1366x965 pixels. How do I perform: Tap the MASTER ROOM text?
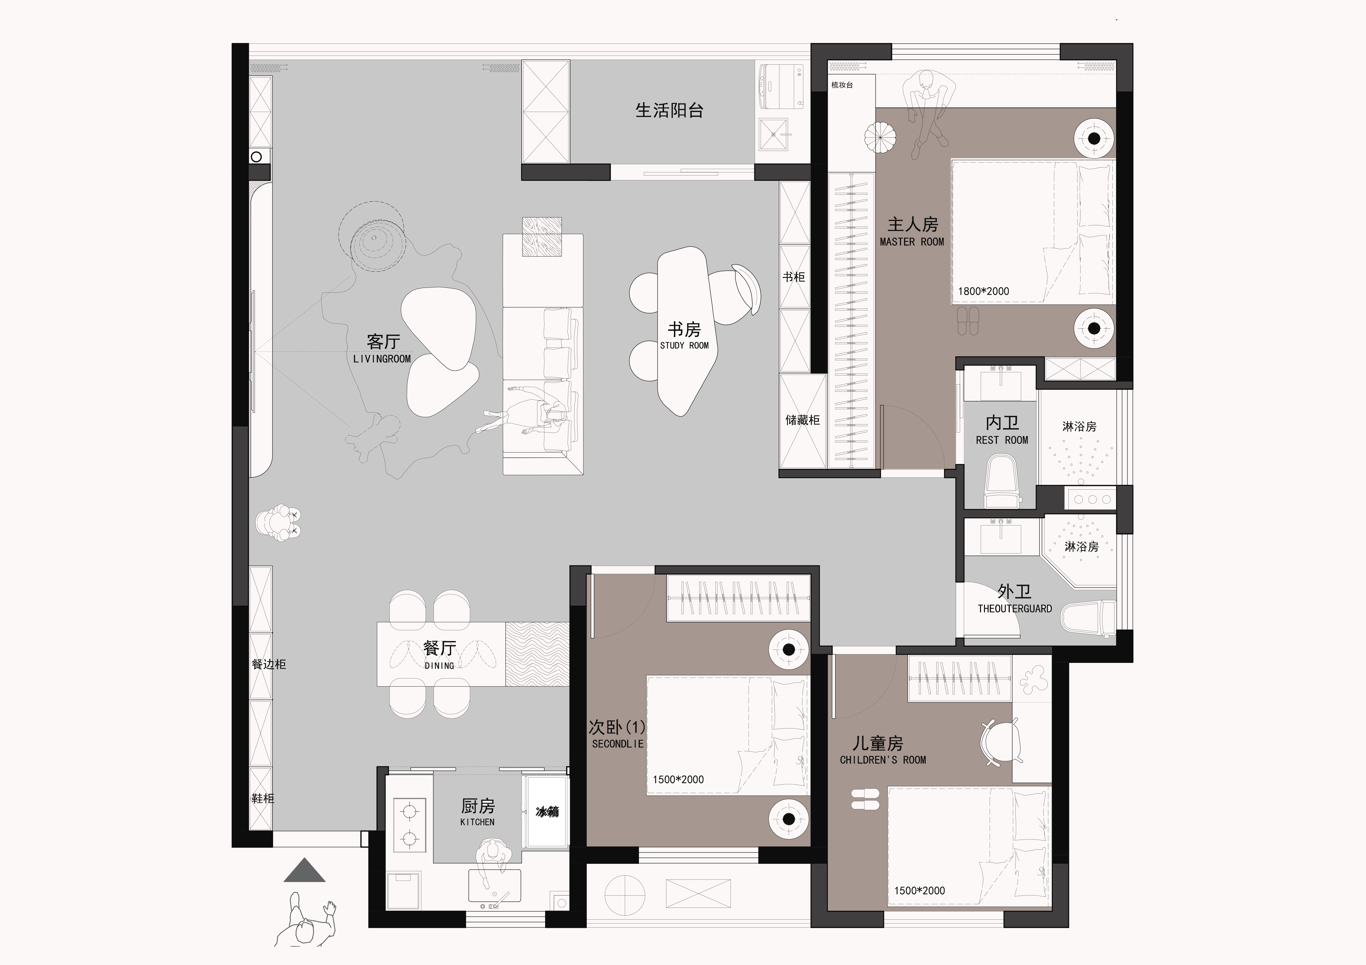(912, 242)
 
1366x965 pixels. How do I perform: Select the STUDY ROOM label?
(684, 346)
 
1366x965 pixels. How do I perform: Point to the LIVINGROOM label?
(382, 359)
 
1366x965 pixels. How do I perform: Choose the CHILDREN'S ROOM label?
(883, 760)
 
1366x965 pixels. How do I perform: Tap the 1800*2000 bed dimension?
(983, 291)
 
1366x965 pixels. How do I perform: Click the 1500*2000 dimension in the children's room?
(919, 891)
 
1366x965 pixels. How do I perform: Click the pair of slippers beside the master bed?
(967, 320)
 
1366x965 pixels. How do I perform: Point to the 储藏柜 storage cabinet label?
(802, 420)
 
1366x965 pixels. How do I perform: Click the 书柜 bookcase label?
(794, 277)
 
